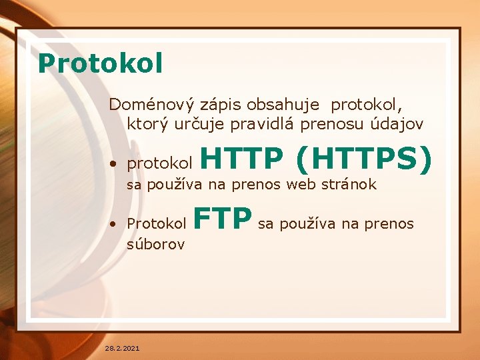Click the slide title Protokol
(x=100, y=63)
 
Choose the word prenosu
(x=325, y=125)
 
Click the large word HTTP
(x=241, y=159)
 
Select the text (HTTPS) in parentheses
(x=363, y=159)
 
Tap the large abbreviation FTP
(x=223, y=218)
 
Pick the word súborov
(x=155, y=244)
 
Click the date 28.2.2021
(x=122, y=348)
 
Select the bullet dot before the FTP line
(x=116, y=224)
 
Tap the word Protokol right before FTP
(x=157, y=223)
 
